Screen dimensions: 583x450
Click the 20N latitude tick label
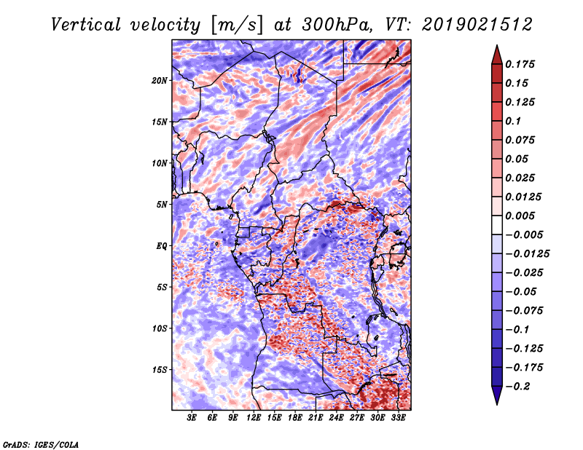[160, 81]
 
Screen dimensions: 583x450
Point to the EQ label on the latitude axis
[161, 246]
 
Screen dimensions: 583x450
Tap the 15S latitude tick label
[160, 370]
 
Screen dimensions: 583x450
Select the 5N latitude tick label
[162, 205]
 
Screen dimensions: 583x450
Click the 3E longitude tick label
[191, 418]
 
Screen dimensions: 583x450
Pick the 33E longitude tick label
[398, 418]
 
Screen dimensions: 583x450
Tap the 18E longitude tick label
[294, 418]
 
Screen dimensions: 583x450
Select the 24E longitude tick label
[336, 418]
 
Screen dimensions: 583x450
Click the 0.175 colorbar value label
[520, 64]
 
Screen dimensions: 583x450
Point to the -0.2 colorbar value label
[517, 387]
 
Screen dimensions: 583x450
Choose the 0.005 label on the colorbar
[520, 216]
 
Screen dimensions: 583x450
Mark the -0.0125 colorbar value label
[527, 254]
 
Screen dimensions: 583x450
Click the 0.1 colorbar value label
[513, 121]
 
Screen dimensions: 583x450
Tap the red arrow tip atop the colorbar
[497, 46]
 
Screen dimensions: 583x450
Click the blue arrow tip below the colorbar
[497, 404]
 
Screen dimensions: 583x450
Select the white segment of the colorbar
[497, 225]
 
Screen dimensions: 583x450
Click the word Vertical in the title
[86, 25]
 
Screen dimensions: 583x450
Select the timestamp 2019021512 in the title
[477, 25]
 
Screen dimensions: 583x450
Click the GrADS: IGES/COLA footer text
[41, 445]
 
